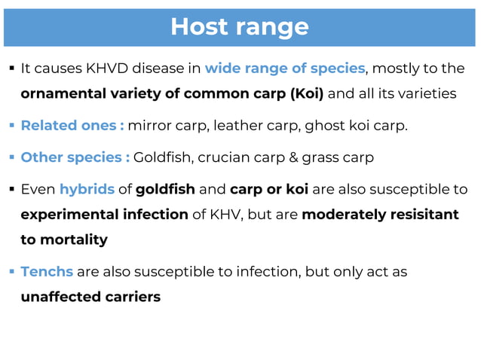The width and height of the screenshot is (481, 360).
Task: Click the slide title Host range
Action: click(239, 26)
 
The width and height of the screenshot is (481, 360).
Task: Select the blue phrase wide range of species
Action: click(285, 69)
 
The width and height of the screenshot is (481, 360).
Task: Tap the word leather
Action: click(237, 125)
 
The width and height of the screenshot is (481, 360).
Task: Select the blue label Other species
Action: click(74, 157)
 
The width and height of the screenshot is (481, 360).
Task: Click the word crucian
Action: click(227, 157)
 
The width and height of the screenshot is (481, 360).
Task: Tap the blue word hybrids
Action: click(87, 189)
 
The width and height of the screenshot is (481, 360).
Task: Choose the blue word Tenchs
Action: click(47, 271)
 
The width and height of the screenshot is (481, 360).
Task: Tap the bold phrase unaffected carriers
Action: click(90, 297)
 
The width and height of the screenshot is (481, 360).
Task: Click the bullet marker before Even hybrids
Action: click(11, 189)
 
